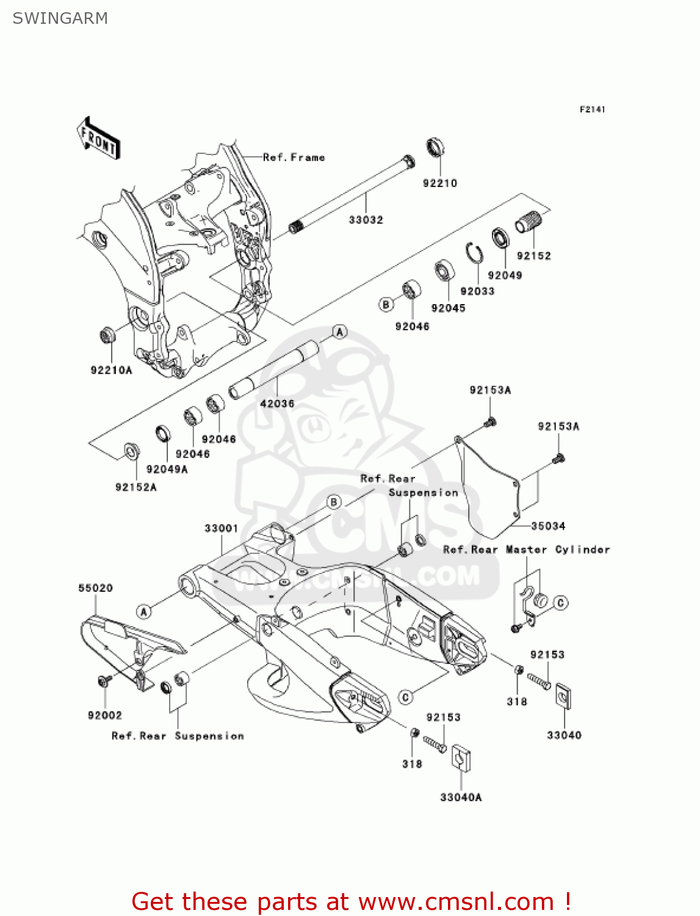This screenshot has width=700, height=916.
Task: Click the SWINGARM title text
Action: click(60, 18)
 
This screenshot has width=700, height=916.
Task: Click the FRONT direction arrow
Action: click(98, 139)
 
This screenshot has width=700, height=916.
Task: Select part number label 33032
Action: click(366, 220)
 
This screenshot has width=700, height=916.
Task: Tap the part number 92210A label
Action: click(111, 370)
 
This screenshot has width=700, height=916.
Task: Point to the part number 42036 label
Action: click(277, 404)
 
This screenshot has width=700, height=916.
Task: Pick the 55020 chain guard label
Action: click(95, 588)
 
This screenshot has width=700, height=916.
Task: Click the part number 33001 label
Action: click(221, 528)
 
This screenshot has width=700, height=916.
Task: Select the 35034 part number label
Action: click(547, 526)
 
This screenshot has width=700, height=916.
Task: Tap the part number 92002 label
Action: click(105, 715)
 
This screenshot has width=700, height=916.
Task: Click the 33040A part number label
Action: click(461, 797)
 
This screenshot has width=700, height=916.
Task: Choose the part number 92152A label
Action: click(135, 487)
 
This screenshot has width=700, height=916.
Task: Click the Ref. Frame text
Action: click(294, 158)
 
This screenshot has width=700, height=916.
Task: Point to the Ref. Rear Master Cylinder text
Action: click(526, 550)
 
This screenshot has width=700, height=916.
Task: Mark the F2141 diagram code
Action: click(592, 109)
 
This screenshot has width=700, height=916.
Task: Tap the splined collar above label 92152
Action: click(529, 220)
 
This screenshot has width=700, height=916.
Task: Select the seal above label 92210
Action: click(435, 148)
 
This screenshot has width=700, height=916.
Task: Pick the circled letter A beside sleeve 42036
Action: click(340, 332)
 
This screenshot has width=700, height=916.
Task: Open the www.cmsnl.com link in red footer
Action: click(456, 901)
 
